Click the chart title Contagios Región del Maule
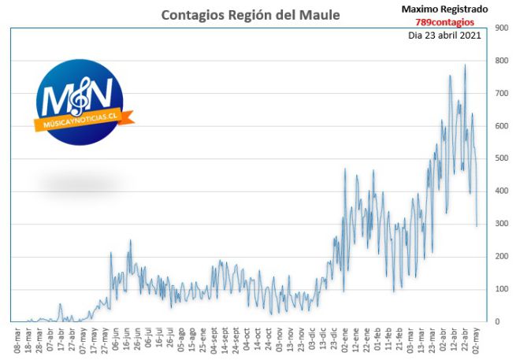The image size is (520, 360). tap(251, 15)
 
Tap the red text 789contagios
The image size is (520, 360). tap(444, 22)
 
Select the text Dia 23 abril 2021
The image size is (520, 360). tap(444, 35)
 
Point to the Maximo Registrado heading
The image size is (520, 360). tap(444, 9)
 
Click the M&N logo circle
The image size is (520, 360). tap(80, 102)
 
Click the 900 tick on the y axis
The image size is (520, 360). tap(501, 28)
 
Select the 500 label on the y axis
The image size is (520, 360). tap(501, 158)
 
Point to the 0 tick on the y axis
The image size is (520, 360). tap(497, 321)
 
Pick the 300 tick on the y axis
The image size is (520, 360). tap(501, 224)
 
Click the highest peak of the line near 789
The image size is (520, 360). tap(465, 65)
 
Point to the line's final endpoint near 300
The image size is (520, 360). tap(477, 226)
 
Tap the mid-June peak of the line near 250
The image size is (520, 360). tap(130, 240)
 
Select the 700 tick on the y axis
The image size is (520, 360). tap(501, 93)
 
